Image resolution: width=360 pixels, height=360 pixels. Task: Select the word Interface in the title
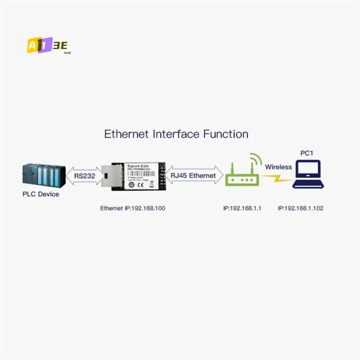click(176, 134)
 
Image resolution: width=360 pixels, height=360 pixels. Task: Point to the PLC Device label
click(41, 194)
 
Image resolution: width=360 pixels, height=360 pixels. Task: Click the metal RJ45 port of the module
click(108, 176)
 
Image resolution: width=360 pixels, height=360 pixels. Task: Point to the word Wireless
click(278, 167)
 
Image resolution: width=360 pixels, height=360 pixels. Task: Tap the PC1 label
click(307, 153)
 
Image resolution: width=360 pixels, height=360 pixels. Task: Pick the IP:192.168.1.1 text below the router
click(242, 208)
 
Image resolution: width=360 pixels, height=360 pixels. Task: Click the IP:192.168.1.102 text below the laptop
click(301, 208)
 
